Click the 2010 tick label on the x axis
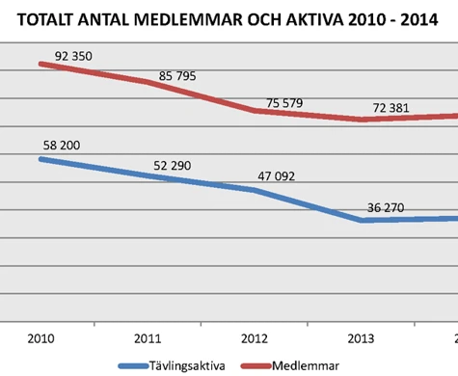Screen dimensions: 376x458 (40, 338)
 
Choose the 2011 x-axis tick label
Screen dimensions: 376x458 (148, 338)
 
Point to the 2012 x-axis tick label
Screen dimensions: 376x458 (255, 338)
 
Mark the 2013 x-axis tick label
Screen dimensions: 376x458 (362, 338)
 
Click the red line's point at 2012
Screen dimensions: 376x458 (255, 110)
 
